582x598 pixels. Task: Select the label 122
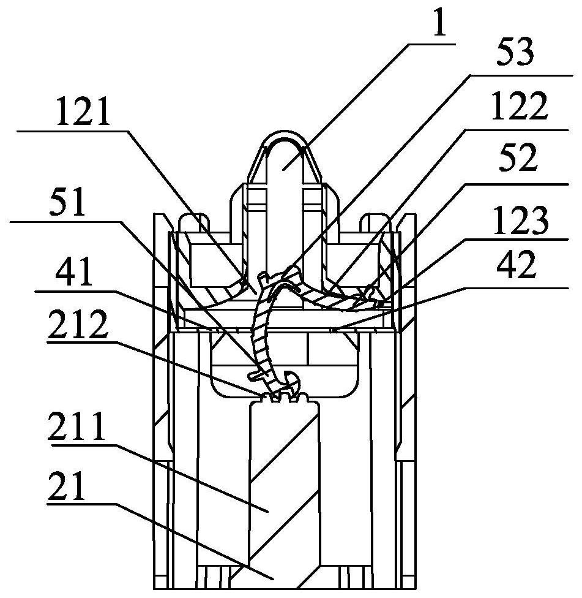(520, 106)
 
